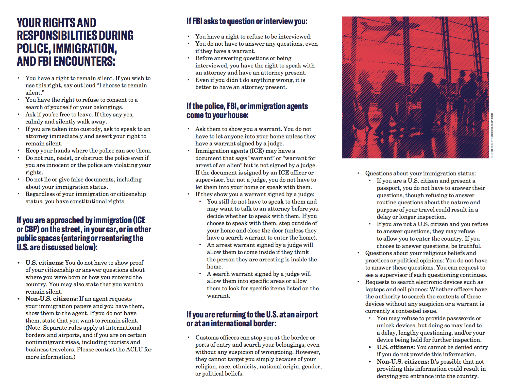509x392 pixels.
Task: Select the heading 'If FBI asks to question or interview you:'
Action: (x=247, y=21)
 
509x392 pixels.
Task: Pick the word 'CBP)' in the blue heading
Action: (x=32, y=229)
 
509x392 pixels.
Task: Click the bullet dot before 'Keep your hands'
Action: (x=19, y=151)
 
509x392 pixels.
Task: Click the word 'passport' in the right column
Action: (x=388, y=188)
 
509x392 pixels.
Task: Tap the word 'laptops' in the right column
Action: (x=375, y=289)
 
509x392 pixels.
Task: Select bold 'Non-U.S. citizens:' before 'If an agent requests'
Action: (x=52, y=299)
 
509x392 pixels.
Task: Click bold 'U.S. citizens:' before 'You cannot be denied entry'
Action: (x=396, y=347)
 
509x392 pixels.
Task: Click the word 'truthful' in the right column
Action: (x=469, y=246)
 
